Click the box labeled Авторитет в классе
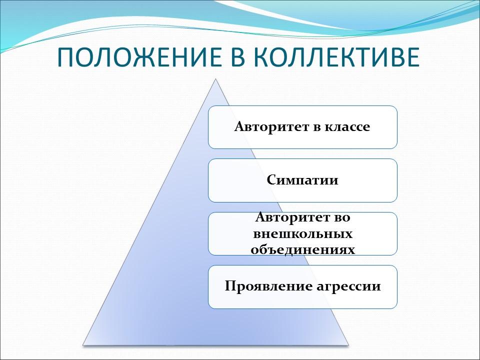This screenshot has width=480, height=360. pyautogui.click(x=302, y=127)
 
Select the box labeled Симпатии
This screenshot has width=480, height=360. pyautogui.click(x=302, y=180)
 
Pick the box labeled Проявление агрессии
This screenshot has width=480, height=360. pyautogui.click(x=302, y=287)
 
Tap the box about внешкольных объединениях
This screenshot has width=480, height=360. pyautogui.click(x=302, y=233)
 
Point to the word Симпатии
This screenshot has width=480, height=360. pyautogui.click(x=302, y=180)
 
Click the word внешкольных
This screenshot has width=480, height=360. pyautogui.click(x=302, y=233)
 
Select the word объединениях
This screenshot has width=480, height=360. pyautogui.click(x=302, y=249)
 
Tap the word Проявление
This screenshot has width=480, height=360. pyautogui.click(x=259, y=287)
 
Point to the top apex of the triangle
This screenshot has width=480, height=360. pyautogui.click(x=215, y=79)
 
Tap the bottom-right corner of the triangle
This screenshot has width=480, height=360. pyautogui.click(x=347, y=344)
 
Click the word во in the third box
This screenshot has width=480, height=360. pyautogui.click(x=341, y=218)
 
